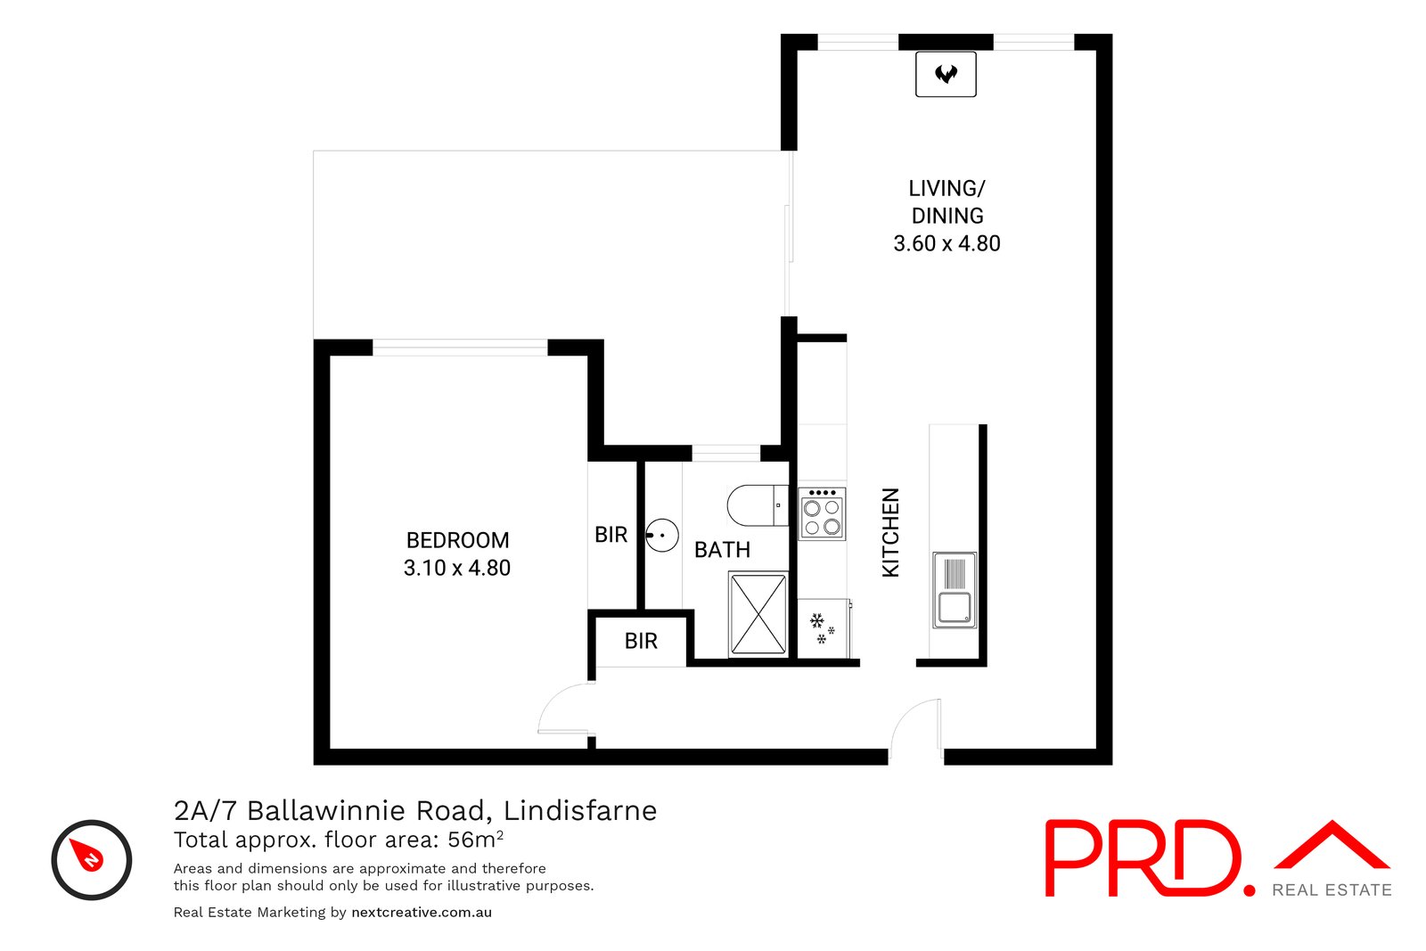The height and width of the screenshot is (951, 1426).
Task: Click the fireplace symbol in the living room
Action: (x=946, y=74)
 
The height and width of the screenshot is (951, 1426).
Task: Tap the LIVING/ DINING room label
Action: (x=947, y=202)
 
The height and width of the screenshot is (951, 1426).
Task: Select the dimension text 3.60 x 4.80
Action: (x=947, y=243)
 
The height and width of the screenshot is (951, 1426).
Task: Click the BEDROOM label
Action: (x=457, y=540)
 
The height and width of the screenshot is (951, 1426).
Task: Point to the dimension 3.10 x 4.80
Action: (x=457, y=568)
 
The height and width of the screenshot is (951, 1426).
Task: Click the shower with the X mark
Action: (x=758, y=615)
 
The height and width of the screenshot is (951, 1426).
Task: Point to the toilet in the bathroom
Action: (x=756, y=505)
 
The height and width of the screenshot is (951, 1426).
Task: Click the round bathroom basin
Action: (x=662, y=536)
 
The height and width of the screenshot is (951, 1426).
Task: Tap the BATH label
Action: (x=722, y=550)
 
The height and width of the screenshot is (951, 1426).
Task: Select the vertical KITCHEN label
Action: (x=890, y=532)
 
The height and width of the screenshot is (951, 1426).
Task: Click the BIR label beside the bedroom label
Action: (x=611, y=535)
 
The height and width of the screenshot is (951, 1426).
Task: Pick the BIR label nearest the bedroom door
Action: (x=641, y=641)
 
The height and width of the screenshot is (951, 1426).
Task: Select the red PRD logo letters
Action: (x=1143, y=857)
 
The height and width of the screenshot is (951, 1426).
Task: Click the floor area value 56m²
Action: (x=475, y=840)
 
